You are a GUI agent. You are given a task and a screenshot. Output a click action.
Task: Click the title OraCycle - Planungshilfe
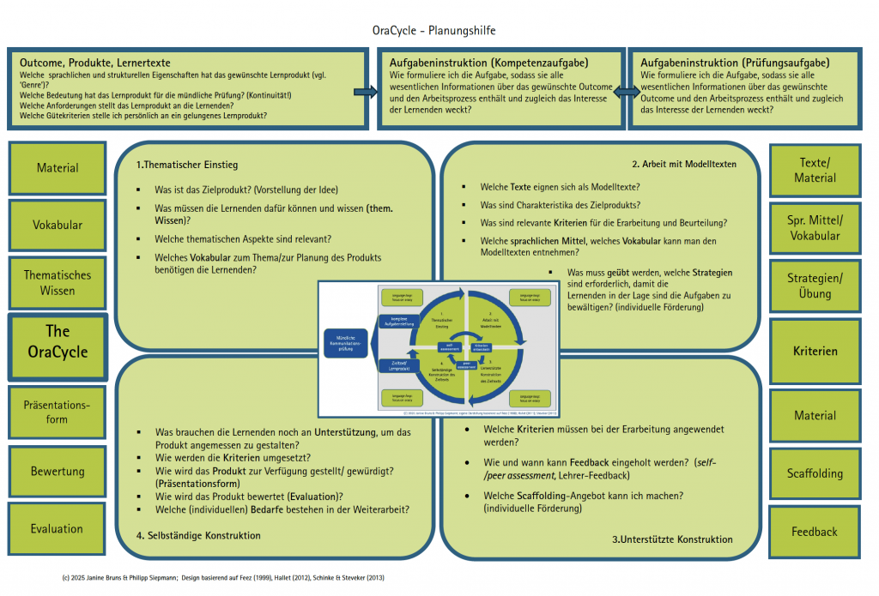click(x=433, y=31)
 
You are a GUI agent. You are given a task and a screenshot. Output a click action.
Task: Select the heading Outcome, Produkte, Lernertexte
click(x=95, y=63)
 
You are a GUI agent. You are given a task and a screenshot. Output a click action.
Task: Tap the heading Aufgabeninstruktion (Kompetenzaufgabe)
click(x=489, y=63)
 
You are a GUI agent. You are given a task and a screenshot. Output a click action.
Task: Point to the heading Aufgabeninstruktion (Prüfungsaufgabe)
click(x=735, y=63)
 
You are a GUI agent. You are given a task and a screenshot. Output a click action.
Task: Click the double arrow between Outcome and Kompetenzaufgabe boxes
click(x=366, y=91)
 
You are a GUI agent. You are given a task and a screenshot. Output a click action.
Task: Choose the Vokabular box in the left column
click(x=58, y=226)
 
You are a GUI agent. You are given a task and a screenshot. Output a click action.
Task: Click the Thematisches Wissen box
click(x=58, y=283)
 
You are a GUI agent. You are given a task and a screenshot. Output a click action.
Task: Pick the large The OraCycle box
click(x=58, y=341)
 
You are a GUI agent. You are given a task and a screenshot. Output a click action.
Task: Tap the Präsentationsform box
click(x=58, y=412)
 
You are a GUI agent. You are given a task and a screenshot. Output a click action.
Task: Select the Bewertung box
click(x=58, y=471)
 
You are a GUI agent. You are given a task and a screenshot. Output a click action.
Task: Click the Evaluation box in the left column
click(x=58, y=529)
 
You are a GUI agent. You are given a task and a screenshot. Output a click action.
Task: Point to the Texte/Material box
click(x=815, y=170)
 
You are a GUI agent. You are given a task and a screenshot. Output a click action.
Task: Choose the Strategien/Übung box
click(x=815, y=286)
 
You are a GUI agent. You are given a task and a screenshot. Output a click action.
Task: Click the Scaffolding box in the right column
click(x=815, y=473)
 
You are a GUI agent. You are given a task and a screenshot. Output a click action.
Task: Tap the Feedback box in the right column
click(x=815, y=532)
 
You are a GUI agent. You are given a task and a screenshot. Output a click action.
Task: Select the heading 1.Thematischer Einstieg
click(x=187, y=165)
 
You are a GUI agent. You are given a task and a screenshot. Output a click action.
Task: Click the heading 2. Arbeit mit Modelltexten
click(x=684, y=165)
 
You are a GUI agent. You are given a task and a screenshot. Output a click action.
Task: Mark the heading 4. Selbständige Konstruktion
click(x=198, y=536)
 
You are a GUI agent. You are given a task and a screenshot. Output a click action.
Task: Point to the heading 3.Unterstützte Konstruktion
click(x=672, y=539)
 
